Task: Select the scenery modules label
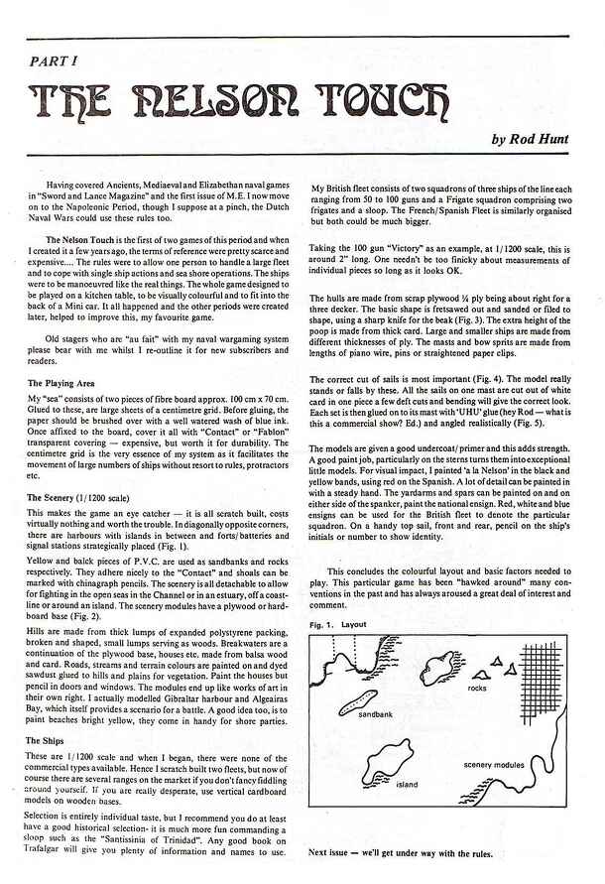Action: tap(493, 765)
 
